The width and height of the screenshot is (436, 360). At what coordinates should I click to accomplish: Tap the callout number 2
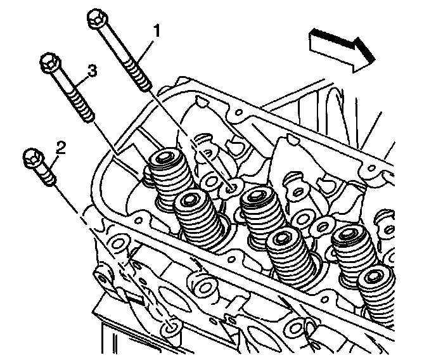[61, 148]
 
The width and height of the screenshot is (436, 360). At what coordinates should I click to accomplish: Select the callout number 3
[93, 72]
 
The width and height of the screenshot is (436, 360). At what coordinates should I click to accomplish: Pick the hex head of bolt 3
[49, 63]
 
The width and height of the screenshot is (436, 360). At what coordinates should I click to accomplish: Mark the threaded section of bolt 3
[82, 105]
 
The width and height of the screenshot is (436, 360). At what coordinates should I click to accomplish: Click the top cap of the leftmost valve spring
[164, 157]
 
